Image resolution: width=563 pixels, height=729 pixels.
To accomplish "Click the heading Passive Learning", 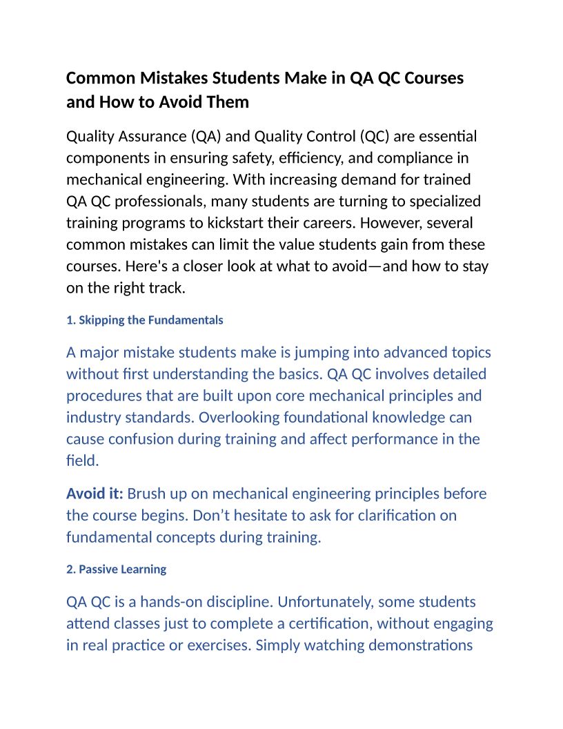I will [117, 570].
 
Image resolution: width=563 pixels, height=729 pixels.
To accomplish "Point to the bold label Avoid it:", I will [95, 494].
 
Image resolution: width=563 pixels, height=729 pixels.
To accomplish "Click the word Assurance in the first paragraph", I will [152, 136].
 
